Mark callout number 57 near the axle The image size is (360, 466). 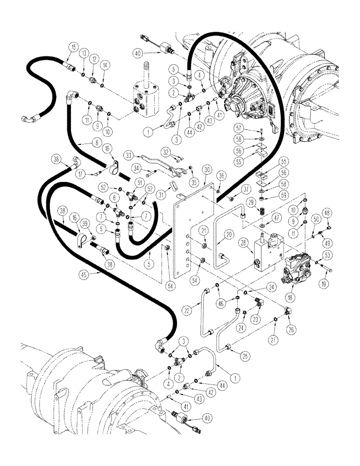coord(264,128)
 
